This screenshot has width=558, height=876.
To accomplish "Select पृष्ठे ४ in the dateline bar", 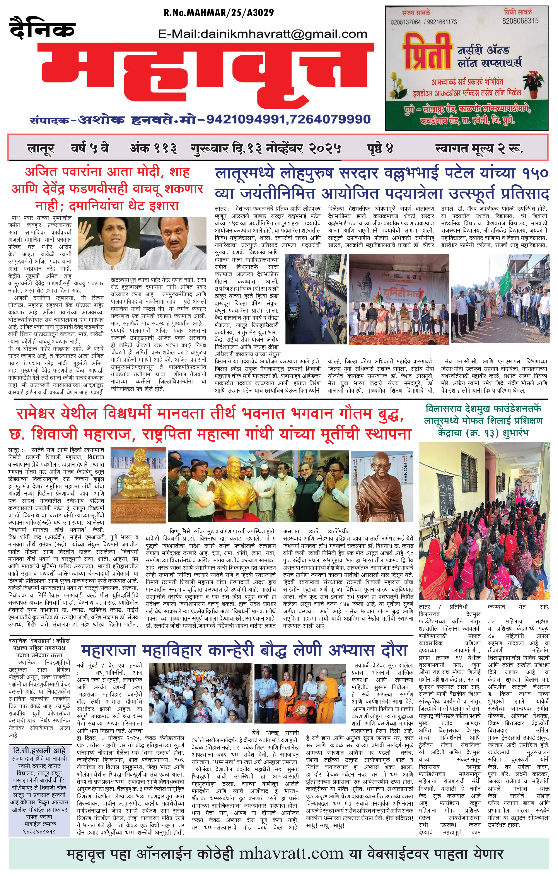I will [x=380, y=148].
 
